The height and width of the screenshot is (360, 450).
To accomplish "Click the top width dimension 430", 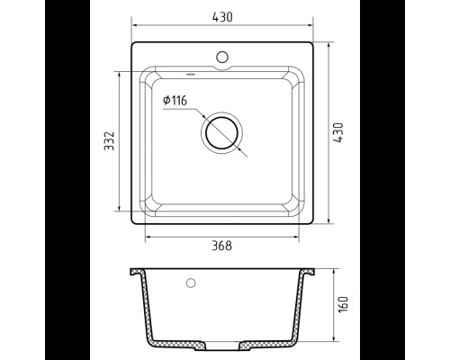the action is coord(222,17).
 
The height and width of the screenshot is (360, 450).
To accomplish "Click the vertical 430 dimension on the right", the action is coord(338,132).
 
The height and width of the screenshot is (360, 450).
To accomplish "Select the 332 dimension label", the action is coord(109,140).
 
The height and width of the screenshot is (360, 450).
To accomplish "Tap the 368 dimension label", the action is coord(222,246).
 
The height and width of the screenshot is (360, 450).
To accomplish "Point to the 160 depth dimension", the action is coord(343,304).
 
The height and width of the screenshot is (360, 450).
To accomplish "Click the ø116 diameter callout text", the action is coord(175,100).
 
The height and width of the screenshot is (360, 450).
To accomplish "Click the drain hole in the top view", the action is coord(222,132).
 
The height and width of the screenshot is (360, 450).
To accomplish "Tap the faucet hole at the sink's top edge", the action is coord(222,57).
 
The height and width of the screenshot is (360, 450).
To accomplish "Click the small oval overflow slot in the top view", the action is coord(190,74).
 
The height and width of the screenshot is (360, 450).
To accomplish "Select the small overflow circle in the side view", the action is coord(191,283).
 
